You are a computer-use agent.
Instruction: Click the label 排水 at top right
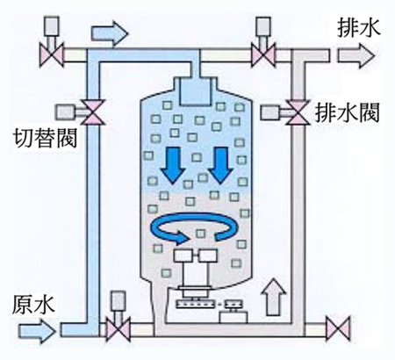click(359, 28)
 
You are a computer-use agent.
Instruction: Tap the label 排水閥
click(347, 112)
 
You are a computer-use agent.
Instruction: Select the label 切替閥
click(46, 138)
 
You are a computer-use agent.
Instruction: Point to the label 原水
click(33, 305)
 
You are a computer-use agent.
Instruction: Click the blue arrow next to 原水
click(37, 331)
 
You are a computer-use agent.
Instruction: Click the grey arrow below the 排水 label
click(355, 56)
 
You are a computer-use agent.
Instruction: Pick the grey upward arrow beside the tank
click(273, 297)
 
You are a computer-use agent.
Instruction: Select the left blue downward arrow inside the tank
click(174, 165)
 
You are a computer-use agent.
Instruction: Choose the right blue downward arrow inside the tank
click(221, 165)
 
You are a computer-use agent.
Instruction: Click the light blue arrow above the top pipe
click(110, 34)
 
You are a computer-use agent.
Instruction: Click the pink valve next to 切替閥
click(92, 112)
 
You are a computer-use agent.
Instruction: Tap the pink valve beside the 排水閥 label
click(298, 112)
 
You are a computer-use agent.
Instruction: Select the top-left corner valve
click(52, 55)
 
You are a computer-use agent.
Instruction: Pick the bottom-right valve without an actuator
click(338, 328)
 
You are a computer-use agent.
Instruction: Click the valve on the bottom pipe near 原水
click(118, 330)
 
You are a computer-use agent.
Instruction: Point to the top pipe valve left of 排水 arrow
click(263, 55)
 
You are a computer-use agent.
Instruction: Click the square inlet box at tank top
click(195, 90)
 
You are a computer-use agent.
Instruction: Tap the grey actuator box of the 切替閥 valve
click(65, 112)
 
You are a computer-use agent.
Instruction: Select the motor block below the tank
click(233, 318)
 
